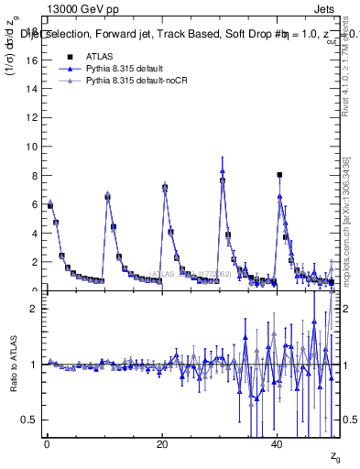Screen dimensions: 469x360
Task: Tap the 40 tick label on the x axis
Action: [x=278, y=444]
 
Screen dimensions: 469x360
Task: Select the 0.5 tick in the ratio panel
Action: [x=32, y=420]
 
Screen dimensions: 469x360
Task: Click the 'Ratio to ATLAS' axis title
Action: [x=13, y=365]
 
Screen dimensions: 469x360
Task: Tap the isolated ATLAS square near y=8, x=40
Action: [x=279, y=174]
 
